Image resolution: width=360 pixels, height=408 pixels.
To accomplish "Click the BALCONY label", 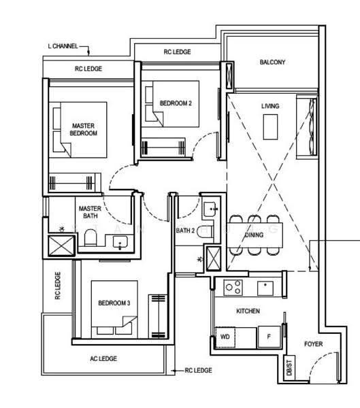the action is click(272, 62).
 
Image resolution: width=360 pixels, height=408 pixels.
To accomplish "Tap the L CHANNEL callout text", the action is click(63, 46).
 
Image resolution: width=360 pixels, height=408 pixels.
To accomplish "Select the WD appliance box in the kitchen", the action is click(225, 337).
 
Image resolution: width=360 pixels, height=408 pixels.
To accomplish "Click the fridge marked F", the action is click(269, 337).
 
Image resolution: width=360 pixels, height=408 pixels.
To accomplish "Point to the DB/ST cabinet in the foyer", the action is click(289, 368).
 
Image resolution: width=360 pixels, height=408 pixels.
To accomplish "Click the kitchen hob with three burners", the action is click(233, 288).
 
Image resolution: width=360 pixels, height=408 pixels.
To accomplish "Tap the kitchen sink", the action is click(265, 288).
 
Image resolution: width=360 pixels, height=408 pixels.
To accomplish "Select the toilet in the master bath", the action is click(91, 237).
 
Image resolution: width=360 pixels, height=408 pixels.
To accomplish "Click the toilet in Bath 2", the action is click(205, 232).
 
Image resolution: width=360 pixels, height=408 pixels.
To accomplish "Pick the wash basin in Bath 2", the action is click(210, 209).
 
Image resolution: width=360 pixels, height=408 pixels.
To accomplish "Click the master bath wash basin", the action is click(120, 241).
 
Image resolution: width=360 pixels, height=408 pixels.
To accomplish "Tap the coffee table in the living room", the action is click(270, 127).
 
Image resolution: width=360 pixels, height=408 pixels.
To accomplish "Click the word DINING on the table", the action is click(255, 235).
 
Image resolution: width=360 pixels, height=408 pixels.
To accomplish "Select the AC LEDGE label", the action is click(103, 358).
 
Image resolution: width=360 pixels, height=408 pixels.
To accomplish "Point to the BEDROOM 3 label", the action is click(114, 303).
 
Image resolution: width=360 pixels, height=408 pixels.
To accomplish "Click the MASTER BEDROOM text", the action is click(83, 129).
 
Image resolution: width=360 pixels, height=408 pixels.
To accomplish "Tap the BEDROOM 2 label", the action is click(176, 103).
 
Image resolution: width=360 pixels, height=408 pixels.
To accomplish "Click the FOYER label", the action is click(313, 344).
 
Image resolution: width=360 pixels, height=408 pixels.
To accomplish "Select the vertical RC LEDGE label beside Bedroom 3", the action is click(58, 286).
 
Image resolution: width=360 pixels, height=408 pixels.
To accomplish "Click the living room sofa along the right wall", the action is click(307, 127).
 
